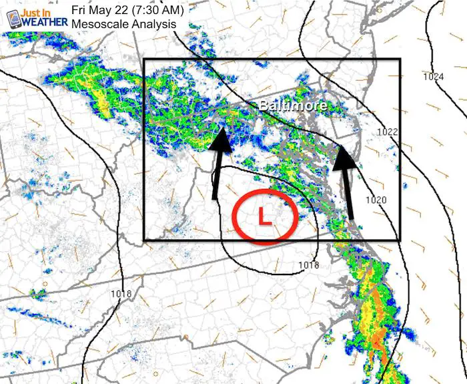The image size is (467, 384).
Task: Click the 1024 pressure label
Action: pos(433,77)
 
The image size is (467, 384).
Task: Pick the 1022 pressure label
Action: pos(387,132)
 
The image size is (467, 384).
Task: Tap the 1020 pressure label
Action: pos(376,200)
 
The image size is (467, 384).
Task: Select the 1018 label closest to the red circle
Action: pos(308,266)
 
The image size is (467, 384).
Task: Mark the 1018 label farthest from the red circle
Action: pos(122,295)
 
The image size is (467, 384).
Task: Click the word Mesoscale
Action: pos(97,24)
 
